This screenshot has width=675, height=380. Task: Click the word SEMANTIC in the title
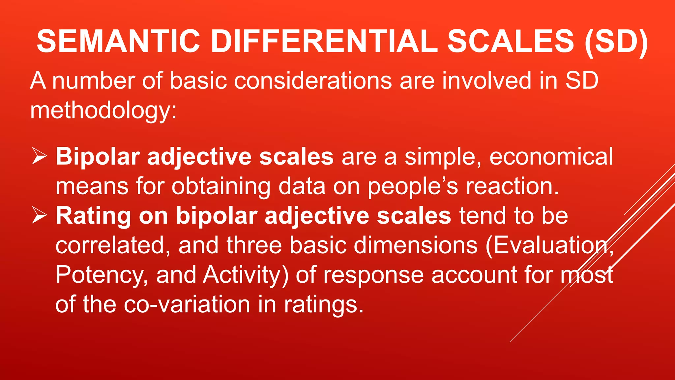tap(118, 41)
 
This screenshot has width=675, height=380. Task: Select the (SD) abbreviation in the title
tap(616, 41)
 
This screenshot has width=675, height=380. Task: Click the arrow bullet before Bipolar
tap(39, 156)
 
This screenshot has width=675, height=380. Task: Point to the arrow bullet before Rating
tap(39, 216)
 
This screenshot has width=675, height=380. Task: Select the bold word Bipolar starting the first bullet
tap(98, 156)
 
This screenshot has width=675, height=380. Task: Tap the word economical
tap(551, 156)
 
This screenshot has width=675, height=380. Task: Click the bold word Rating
tap(93, 216)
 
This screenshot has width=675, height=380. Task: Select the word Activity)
tap(246, 275)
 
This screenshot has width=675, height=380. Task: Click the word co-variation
tap(187, 304)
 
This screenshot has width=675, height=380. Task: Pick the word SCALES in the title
tap(510, 41)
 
